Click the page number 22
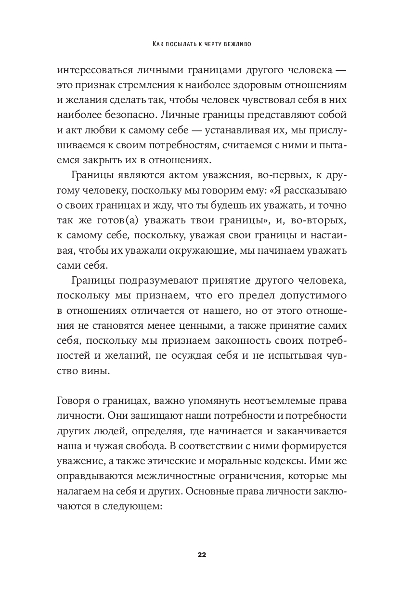pyautogui.click(x=201, y=555)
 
